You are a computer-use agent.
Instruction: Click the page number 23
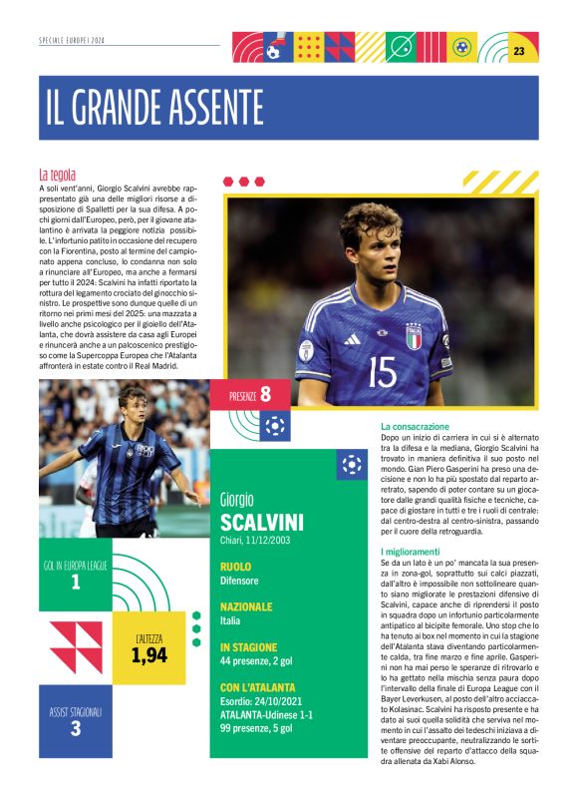coord(519,51)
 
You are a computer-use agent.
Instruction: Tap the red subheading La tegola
coord(58,175)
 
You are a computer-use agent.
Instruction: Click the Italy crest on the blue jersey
coord(413,334)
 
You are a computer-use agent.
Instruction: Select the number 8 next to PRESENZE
coord(265,393)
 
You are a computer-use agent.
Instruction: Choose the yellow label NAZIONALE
coord(246,605)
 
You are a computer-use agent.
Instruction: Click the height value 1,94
coord(148,654)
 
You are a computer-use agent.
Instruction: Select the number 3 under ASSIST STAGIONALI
coord(76,728)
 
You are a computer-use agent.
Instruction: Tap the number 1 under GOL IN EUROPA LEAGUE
coord(76,582)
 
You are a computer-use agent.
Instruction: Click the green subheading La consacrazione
coord(415,426)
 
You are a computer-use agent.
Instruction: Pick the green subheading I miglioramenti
coord(410,552)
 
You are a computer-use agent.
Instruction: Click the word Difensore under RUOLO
coord(239,580)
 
